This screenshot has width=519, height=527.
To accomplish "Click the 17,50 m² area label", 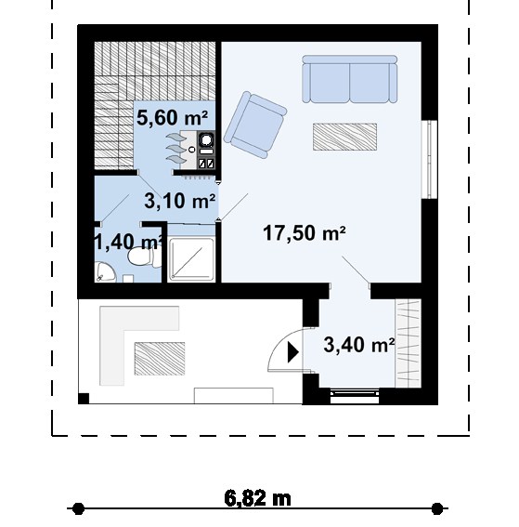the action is click(305, 233).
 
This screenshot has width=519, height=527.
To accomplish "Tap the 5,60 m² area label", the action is click(172, 118).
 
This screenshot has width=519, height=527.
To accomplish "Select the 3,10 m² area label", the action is click(179, 201).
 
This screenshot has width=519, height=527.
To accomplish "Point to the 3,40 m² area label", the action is click(359, 345).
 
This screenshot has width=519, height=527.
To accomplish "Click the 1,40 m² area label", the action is click(129, 242).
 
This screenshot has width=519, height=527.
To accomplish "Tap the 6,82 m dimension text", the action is click(257, 499).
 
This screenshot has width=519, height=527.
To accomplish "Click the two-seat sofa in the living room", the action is click(349, 79).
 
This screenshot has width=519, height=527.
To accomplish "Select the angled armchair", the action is click(255, 125).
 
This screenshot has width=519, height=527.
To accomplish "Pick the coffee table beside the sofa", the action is click(344, 137).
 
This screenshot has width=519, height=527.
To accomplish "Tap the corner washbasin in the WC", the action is click(106, 271).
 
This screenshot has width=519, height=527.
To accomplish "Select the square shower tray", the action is click(191, 259).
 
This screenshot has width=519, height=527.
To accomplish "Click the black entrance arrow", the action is click(293, 352).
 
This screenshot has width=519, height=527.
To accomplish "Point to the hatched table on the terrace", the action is click(160, 359).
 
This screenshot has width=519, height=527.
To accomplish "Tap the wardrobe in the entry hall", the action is click(408, 343).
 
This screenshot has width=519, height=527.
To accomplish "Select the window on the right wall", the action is click(429, 159).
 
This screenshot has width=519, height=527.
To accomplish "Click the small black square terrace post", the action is click(84, 399).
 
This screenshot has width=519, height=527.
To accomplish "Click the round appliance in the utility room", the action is click(206, 139).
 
